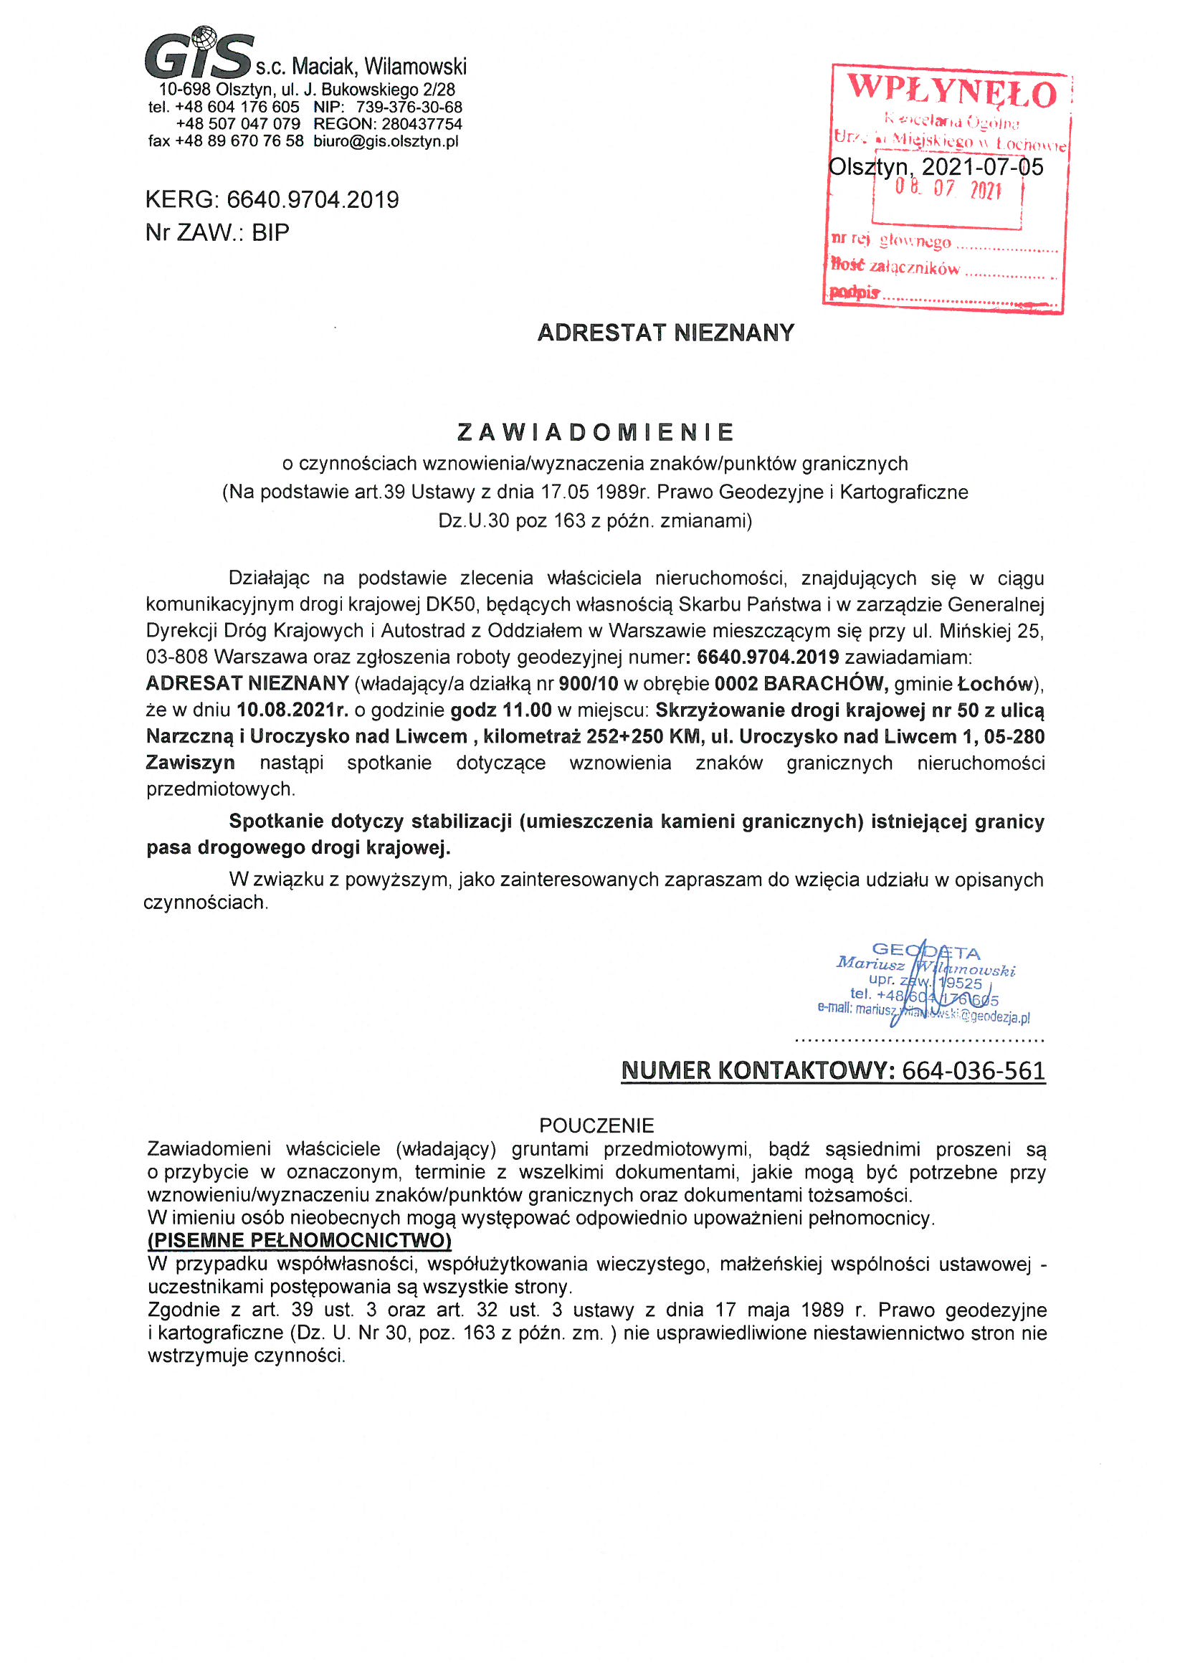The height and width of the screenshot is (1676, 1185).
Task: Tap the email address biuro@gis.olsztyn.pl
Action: [x=386, y=142]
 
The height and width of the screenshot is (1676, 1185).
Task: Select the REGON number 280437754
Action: [x=422, y=124]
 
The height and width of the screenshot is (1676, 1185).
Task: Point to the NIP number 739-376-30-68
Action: [x=409, y=108]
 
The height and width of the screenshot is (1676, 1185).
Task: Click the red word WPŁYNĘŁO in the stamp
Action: [x=951, y=92]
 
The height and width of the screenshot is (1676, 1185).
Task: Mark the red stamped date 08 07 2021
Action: [x=948, y=190]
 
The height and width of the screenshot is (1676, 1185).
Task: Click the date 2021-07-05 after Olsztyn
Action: [x=982, y=167]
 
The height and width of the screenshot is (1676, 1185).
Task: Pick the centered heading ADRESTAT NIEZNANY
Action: [x=665, y=333]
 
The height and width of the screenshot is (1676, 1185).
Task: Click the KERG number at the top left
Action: [x=313, y=199]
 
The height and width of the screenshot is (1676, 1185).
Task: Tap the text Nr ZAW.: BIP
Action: [x=218, y=232]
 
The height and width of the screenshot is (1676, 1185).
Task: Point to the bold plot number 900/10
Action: [x=588, y=684]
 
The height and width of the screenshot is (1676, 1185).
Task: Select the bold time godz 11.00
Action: [x=501, y=710]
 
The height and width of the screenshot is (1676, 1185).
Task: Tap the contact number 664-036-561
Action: [x=974, y=1071]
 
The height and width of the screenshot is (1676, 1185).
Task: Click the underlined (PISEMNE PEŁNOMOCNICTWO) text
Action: [x=300, y=1240]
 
